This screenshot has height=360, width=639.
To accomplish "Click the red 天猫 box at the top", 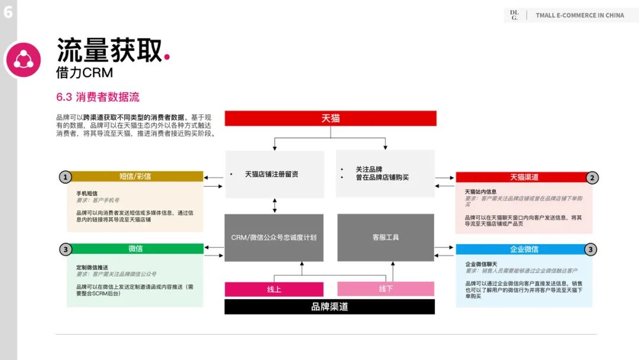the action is coord(330,118).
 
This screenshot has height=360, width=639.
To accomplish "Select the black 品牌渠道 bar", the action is coord(330,307).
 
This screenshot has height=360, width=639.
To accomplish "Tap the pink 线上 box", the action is coord(274,289).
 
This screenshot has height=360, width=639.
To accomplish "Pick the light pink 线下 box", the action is coord(386,289).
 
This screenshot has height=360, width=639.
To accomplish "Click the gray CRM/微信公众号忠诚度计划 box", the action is coord(274,237).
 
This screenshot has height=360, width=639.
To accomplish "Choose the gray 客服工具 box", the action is coord(386,237).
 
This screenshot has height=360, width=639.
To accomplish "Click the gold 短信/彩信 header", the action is coord(135,176).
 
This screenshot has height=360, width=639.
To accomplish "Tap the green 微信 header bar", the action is coord(135,249).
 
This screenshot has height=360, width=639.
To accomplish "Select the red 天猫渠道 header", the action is coord(524,177).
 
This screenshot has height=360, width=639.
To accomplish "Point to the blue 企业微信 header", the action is coord(524,249).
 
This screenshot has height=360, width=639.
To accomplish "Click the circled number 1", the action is coord(66,176).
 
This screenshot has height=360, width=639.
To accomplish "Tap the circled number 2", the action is coord(592,177).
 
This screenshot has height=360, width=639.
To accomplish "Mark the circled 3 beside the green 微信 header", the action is coord(66,249).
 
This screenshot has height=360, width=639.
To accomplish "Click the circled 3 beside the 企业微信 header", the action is coord(590,249).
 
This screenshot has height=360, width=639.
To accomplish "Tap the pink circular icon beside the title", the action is coord(24,60).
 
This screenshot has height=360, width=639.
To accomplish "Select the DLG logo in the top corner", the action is coord(514,15).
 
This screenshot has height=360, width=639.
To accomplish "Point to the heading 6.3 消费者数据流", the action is coord(98,97).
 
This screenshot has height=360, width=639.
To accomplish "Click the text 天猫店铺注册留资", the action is coord(272,174).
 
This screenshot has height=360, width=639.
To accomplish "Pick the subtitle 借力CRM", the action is coord(84,73).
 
